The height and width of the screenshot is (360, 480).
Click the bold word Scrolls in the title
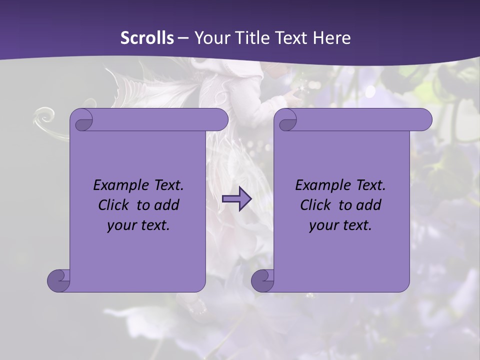pyautogui.click(x=147, y=38)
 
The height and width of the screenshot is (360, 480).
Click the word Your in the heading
pyautogui.click(x=211, y=38)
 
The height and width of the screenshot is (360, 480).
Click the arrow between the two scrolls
pyautogui.click(x=236, y=199)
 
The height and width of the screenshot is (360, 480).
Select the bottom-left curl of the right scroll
pyautogui.click(x=263, y=281)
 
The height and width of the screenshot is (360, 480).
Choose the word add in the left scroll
pyautogui.click(x=167, y=205)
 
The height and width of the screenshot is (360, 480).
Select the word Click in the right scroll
pyautogui.click(x=315, y=205)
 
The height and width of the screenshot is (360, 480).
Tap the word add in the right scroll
pyautogui.click(x=369, y=205)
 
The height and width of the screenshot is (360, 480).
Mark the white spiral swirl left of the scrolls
pyautogui.click(x=45, y=118)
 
